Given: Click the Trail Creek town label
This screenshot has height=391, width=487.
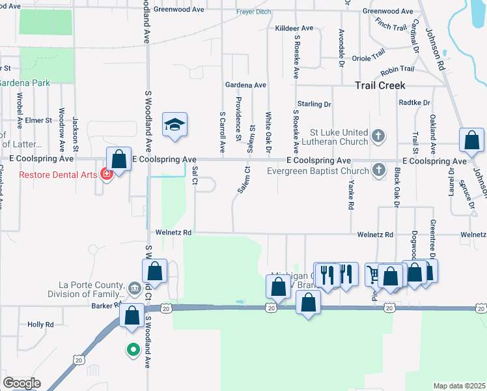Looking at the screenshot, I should coord(381,85).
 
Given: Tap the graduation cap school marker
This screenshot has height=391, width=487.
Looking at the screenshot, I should coord(174,124).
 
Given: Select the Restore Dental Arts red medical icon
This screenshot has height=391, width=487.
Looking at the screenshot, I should coord(105,174).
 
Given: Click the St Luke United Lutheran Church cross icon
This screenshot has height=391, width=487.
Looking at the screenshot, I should coord(380,136).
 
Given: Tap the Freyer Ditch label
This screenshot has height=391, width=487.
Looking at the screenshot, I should coord(254,12).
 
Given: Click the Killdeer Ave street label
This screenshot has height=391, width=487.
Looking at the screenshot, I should coord(294,29).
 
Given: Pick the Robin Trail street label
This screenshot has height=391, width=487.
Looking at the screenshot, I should coord(398,69).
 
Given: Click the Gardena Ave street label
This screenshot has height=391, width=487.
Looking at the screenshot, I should coord(245,85).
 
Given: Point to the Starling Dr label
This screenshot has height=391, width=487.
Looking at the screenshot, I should coord(314,104).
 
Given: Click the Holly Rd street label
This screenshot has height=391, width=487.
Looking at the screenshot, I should coord(40,325).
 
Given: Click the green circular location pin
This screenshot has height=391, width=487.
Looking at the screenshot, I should coord(133,350).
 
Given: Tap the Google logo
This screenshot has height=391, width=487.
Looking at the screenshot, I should coord(22,383).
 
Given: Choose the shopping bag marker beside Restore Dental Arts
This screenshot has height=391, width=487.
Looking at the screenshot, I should coord(118,158).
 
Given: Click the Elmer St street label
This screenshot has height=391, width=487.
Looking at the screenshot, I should coord(39,121).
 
